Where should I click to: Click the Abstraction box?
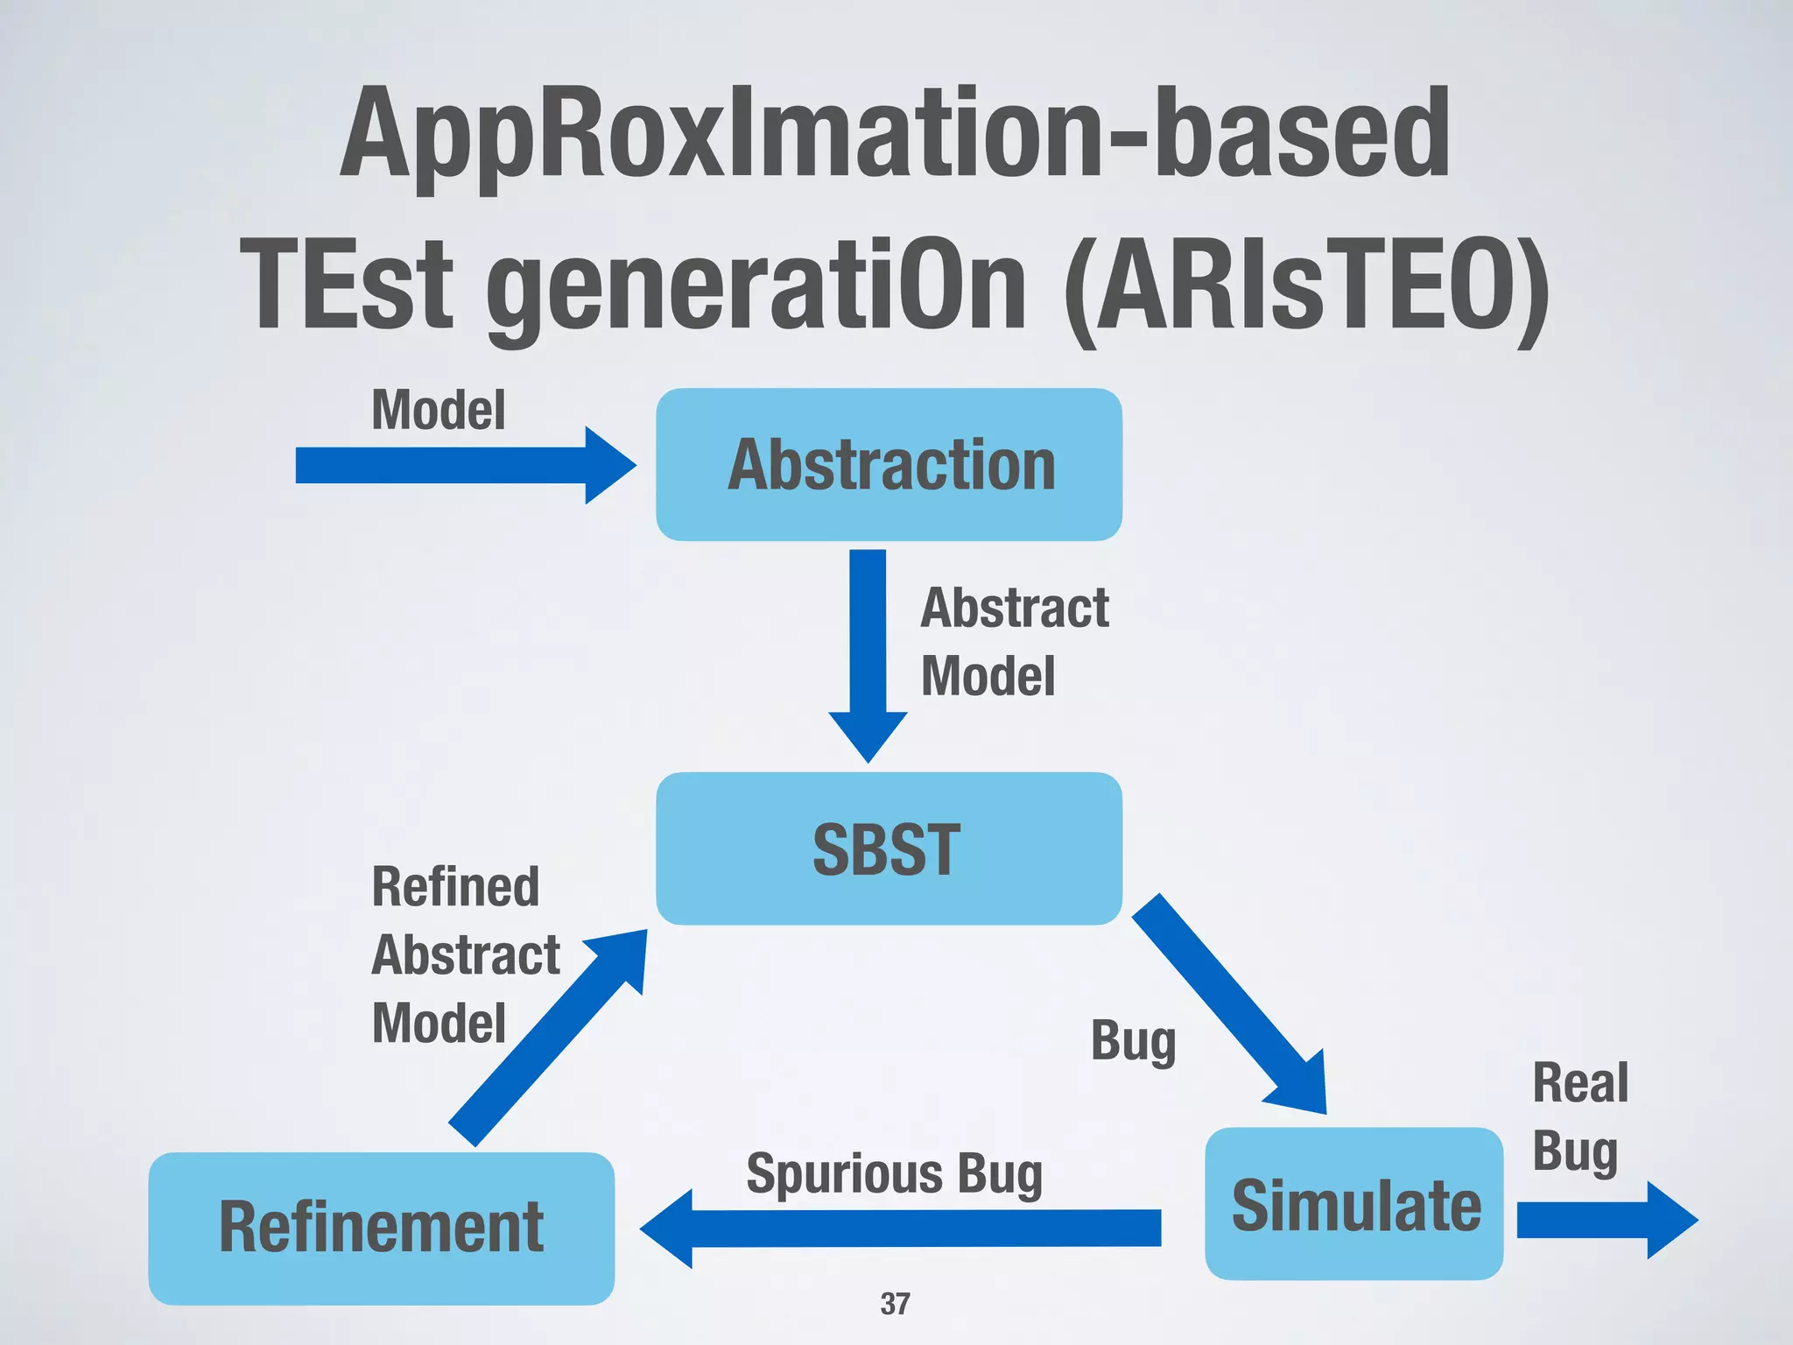tap(889, 464)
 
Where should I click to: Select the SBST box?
tap(889, 848)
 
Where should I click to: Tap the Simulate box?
tap(1354, 1204)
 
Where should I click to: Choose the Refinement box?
tap(381, 1228)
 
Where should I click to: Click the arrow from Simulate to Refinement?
tap(902, 1228)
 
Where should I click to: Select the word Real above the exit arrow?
tap(1580, 1083)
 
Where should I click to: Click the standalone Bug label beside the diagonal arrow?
tap(1133, 1042)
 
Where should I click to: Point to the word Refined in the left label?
tap(455, 886)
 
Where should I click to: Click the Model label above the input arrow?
tap(438, 410)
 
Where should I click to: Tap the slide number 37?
tap(895, 1304)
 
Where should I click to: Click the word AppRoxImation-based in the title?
tap(895, 133)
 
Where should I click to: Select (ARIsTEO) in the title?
tap(1306, 287)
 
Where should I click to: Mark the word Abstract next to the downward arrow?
tap(1015, 608)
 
